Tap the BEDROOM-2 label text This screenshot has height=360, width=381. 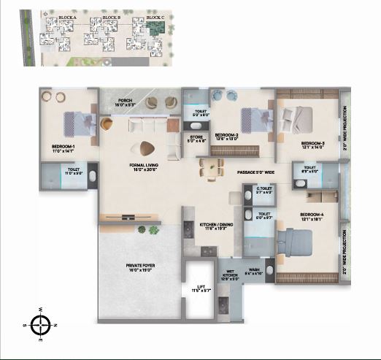coord(228,135)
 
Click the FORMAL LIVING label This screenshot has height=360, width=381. coord(143,166)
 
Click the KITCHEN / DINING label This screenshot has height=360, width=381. coord(217,225)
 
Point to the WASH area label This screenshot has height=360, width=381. coord(254,270)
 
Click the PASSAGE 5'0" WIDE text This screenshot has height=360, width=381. coord(255,172)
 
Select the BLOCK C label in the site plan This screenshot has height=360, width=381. coord(155,16)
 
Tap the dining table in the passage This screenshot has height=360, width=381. coord(211,169)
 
